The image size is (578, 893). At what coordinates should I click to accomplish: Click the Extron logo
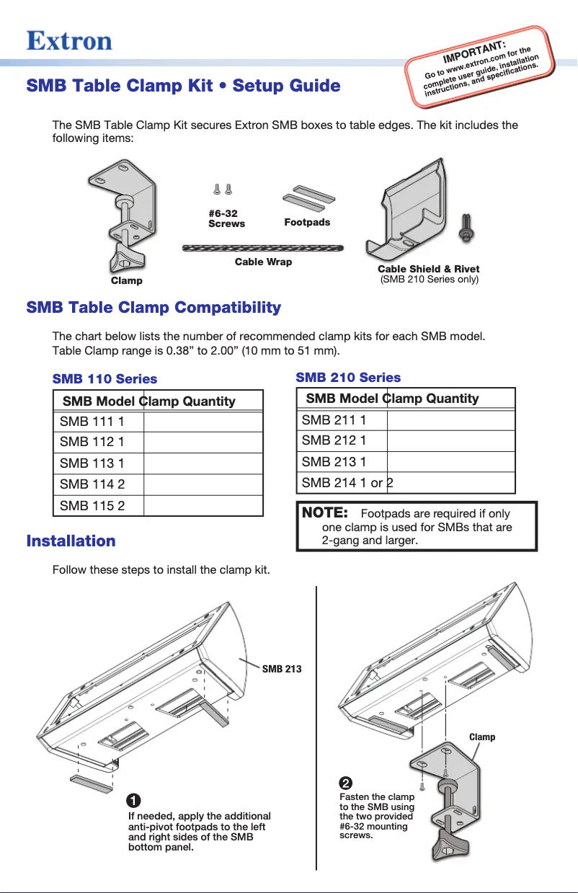[69, 40]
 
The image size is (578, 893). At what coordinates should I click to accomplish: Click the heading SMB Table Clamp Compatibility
[154, 308]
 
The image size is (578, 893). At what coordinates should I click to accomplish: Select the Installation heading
[71, 541]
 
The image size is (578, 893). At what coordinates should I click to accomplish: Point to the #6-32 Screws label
[226, 218]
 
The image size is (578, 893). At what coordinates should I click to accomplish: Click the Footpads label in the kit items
[307, 222]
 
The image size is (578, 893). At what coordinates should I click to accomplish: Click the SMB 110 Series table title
[105, 378]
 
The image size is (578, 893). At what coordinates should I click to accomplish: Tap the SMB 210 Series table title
[348, 377]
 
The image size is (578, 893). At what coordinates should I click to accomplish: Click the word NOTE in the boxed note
[325, 513]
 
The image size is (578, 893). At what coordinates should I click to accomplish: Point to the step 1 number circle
[133, 801]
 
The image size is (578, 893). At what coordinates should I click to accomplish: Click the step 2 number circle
[345, 783]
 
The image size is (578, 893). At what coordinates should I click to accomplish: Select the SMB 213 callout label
[281, 669]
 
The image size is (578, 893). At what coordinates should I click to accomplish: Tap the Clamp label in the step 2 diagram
[482, 737]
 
